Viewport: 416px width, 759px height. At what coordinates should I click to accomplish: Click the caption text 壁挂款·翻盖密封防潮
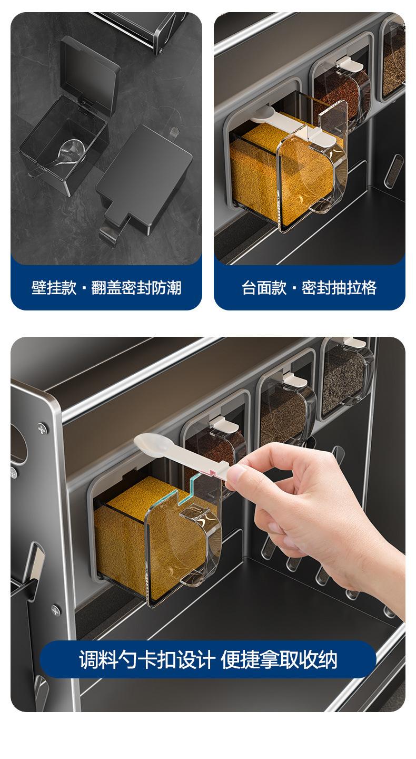106,288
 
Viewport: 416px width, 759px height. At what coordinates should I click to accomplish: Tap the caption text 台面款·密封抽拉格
309,288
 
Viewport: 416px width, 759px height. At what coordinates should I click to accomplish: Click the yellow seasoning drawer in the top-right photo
288,173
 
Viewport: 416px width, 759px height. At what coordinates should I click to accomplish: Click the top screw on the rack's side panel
42,429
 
